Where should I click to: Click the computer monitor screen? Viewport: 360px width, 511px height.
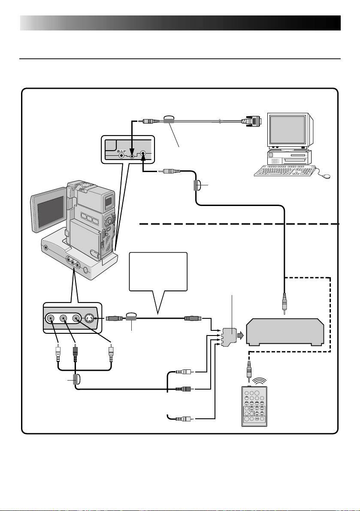point(288,129)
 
